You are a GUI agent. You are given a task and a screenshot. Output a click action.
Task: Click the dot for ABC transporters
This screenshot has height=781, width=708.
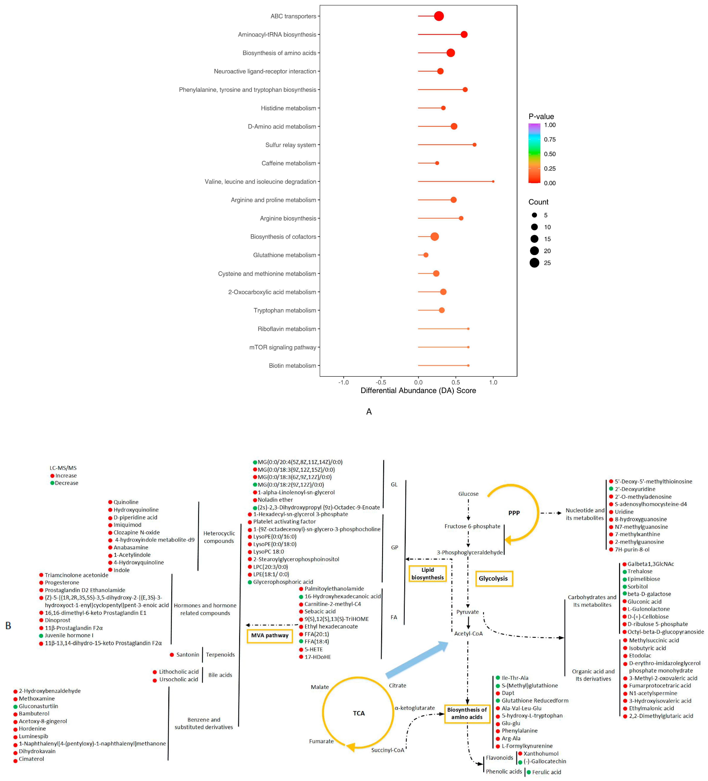tap(439, 16)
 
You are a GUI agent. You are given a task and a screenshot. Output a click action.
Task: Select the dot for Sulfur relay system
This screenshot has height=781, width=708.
tap(474, 144)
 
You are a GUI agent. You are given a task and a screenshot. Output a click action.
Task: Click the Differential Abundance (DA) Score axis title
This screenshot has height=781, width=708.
tap(418, 390)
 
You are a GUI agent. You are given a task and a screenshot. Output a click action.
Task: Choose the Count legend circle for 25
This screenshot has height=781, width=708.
tap(534, 263)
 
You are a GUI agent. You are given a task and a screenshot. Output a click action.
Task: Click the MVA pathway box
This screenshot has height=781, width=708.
tap(269, 635)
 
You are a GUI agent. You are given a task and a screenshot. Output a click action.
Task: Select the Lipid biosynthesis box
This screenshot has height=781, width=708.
tap(427, 573)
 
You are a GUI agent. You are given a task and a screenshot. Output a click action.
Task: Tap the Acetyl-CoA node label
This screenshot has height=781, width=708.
tap(468, 633)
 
